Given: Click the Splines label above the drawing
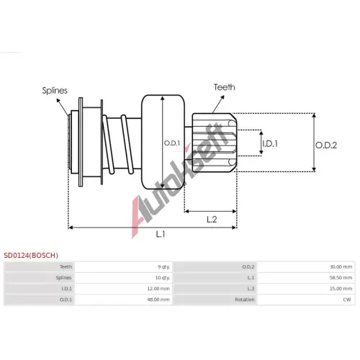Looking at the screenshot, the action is pos(55,91).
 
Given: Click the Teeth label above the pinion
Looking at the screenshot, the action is pos(225,87).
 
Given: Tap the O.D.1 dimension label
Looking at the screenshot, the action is pos(172,143).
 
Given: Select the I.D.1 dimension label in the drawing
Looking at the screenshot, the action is pos(270,143).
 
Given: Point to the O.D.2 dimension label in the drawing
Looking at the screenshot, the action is pos(326,145).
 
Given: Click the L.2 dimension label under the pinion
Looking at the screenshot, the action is pos(212,219).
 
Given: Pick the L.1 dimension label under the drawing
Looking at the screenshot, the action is pos(161,234).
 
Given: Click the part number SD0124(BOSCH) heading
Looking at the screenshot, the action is pos(31,255).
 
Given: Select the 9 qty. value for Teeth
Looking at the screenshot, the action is pos(164,267).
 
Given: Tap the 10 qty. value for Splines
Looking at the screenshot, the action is pos(163,278).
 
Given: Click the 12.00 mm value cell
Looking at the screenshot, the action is pos(158,289).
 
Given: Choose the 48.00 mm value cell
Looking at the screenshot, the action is pos(158,300).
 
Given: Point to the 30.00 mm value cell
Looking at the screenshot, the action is pos(341,266).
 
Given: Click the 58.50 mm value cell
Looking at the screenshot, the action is pos(341,278).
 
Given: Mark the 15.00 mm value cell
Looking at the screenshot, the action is pos(341,289).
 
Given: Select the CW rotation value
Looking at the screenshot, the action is pos(347,300).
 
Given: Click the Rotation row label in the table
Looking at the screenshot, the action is pos(245,300).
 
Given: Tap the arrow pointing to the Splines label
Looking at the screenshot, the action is pos(63,107).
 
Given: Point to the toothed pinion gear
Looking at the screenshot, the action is pos(215,143).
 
